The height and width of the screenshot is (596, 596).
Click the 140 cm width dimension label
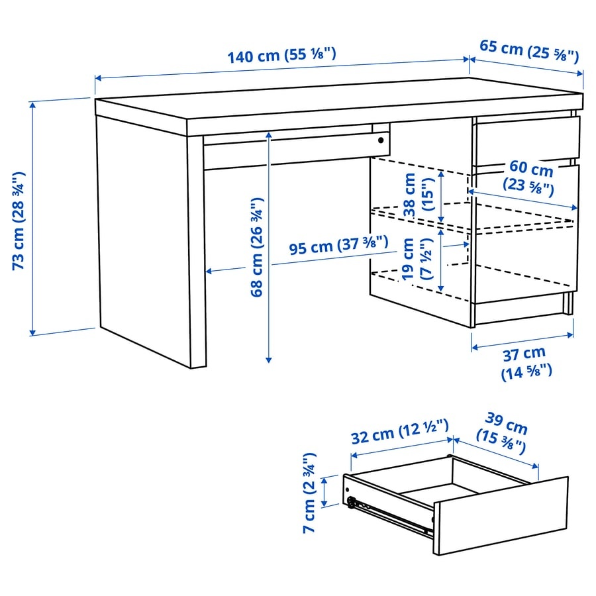pos(282,56)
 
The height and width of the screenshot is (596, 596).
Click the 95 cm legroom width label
pos(338,248)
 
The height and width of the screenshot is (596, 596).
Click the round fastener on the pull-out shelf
pos(381,140)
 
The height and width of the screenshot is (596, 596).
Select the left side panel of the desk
pos(142,238)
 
